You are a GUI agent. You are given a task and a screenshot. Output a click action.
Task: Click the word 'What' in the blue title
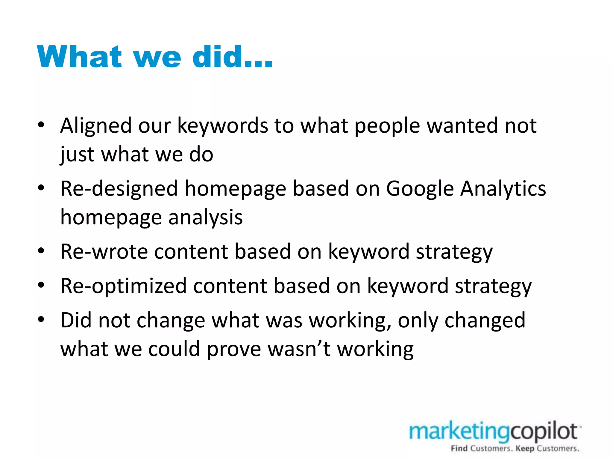click(79, 57)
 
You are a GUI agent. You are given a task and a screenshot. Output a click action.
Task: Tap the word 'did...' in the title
click(232, 57)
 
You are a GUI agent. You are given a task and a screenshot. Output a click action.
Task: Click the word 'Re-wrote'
click(104, 252)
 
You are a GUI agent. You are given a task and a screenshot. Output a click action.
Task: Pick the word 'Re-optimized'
click(123, 286)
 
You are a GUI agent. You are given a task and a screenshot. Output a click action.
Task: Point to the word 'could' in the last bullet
click(174, 349)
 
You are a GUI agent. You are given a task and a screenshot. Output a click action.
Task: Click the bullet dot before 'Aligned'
click(41, 125)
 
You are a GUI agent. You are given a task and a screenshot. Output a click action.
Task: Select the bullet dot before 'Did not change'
click(41, 319)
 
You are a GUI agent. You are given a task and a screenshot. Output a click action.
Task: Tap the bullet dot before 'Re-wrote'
click(41, 251)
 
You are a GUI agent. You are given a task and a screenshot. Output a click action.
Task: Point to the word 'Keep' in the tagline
click(525, 449)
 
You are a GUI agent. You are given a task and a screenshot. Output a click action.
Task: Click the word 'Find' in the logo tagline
click(459, 448)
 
